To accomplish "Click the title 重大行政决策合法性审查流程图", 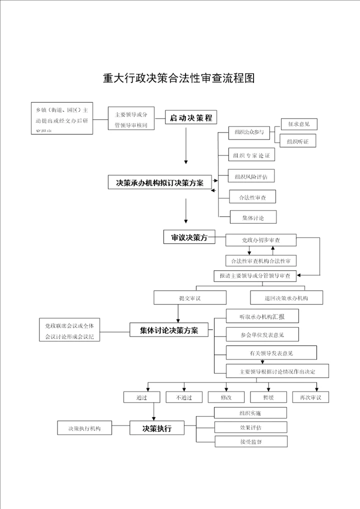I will coord(179,78).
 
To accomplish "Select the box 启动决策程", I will coord(191,118).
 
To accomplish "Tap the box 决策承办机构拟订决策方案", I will coord(159,183).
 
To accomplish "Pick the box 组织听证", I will coord(298,141).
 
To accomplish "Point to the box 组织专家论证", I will coord(251,155).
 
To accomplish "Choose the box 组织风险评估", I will coord(251,176).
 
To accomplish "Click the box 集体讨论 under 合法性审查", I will coord(252,217).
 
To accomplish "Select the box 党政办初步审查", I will coord(260,240).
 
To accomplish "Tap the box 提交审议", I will coord(189,298).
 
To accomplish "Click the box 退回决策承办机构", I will coord(286,298).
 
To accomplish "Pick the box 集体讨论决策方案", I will coord(169,330).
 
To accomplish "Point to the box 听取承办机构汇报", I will coord(262,316).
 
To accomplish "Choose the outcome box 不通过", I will coord(184,397).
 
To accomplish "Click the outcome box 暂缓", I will coord(268,397).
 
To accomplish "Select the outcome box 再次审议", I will coord(310,397).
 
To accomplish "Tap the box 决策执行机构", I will coord(83,429).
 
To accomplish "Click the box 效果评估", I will coord(250,427).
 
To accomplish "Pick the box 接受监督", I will coord(250,442).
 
